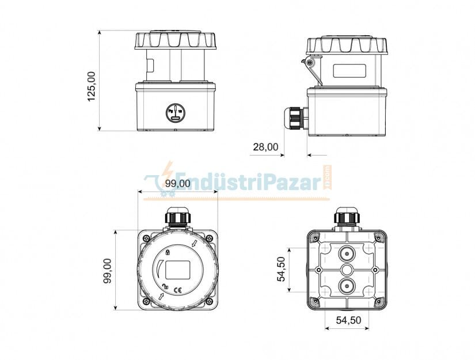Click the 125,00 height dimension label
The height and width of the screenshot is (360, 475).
(92, 86)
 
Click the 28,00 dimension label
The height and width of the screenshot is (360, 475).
(265, 147)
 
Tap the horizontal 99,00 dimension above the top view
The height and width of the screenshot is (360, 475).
(177, 184)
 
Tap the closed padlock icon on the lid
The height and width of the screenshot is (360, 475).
(168, 252)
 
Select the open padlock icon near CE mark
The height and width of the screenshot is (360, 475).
(165, 287)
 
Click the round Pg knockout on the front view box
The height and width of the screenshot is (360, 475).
(175, 113)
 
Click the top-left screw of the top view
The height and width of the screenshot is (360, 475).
(146, 237)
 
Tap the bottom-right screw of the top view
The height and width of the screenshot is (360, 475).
(209, 302)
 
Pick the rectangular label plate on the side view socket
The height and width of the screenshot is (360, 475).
(349, 71)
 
